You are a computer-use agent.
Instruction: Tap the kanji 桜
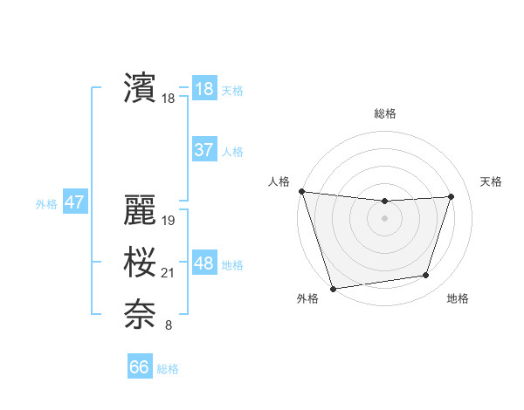tap(140, 263)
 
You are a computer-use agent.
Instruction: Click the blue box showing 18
tap(203, 89)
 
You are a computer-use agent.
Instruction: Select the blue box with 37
tap(203, 150)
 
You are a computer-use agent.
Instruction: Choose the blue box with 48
tap(203, 263)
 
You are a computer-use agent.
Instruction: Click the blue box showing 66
tap(140, 367)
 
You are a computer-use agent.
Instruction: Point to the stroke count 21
tap(168, 274)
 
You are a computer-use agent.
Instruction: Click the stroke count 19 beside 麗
tap(169, 221)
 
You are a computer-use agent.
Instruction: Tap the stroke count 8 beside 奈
tap(169, 326)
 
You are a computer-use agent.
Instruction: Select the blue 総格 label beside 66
tap(168, 369)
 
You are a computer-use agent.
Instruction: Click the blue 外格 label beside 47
tap(46, 204)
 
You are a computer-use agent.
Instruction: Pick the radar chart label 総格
tap(385, 114)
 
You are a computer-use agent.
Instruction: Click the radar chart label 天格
tap(491, 181)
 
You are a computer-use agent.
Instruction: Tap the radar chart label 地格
tap(458, 299)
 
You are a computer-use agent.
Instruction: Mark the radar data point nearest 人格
tap(301, 191)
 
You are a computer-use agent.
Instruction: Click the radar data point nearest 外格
tap(334, 288)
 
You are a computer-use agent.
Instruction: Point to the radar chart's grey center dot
tap(385, 218)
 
